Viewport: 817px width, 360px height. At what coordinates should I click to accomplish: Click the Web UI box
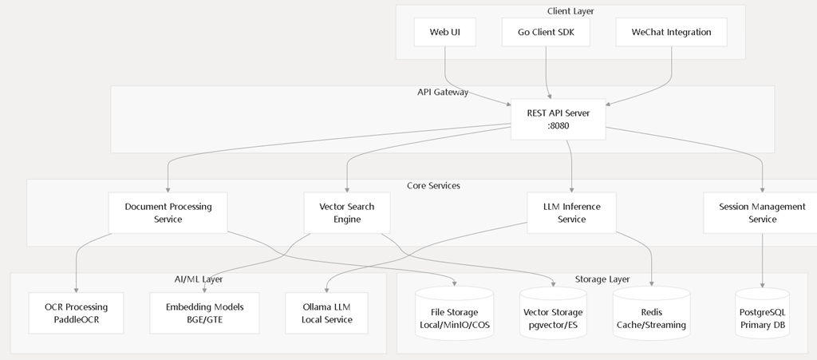click(x=445, y=32)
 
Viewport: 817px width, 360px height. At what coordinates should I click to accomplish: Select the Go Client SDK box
click(x=546, y=32)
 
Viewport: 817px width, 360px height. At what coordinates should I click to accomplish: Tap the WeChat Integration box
click(x=671, y=32)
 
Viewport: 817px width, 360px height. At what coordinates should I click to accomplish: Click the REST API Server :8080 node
click(x=558, y=119)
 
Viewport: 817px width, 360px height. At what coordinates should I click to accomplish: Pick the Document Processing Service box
click(x=168, y=213)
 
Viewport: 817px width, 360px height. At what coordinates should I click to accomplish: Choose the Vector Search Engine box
click(x=347, y=213)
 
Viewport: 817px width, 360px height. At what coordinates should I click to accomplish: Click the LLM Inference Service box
click(x=571, y=213)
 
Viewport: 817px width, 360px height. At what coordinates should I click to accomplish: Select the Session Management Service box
click(x=762, y=213)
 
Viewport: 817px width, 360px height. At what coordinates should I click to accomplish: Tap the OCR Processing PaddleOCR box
click(x=76, y=313)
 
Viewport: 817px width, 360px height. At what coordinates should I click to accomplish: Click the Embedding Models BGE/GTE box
click(x=204, y=313)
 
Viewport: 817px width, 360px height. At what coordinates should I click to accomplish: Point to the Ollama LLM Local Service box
click(x=326, y=313)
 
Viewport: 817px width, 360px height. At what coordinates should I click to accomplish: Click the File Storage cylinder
click(x=454, y=314)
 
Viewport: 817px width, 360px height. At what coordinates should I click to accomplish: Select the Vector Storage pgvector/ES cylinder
click(x=553, y=314)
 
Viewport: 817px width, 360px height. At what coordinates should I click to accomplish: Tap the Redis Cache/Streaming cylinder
click(x=651, y=314)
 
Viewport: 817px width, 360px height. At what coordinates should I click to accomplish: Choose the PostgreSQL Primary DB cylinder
click(x=762, y=314)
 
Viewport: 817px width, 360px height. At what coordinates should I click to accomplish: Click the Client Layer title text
click(x=570, y=11)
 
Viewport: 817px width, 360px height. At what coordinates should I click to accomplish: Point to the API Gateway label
click(x=443, y=93)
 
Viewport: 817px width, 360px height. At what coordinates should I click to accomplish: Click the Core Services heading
click(x=433, y=185)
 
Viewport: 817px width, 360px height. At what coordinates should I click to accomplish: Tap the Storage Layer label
click(x=602, y=279)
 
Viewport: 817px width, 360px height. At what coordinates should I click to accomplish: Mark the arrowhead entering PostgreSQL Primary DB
click(x=762, y=285)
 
